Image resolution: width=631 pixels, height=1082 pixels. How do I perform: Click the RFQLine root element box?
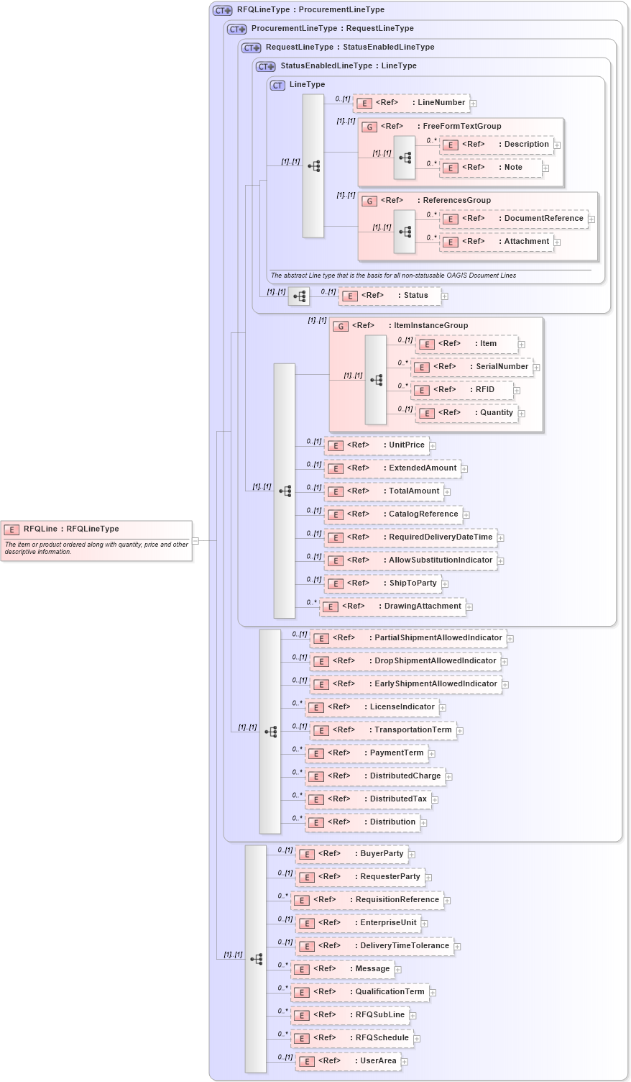point(96,540)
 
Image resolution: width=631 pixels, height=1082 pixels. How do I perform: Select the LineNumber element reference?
point(411,103)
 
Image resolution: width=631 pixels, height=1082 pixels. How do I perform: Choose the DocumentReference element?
point(513,219)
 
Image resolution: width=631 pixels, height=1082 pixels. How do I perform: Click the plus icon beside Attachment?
point(557,242)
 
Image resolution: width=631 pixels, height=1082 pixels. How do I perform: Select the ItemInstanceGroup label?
point(430,326)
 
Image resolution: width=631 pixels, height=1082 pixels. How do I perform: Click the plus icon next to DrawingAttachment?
point(469,607)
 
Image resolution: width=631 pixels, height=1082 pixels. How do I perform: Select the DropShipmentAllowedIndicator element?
point(405,661)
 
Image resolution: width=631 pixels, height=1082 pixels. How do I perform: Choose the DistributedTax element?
point(367,799)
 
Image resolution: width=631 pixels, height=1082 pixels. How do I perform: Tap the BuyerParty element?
point(351,854)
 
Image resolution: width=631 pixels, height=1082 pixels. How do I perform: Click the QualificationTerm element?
point(359,992)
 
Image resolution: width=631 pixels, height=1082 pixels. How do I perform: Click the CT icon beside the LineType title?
point(277,85)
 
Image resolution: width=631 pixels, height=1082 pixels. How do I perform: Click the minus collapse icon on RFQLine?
point(195,540)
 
